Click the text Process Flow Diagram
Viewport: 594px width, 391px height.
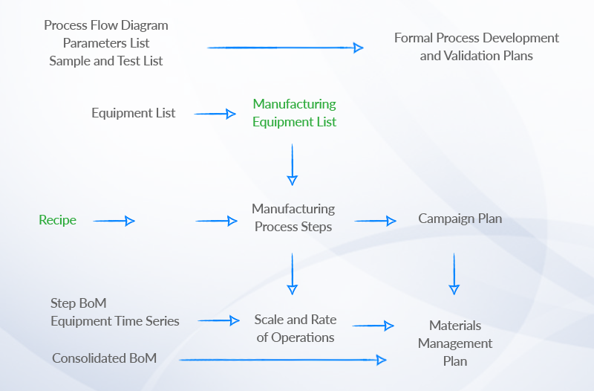[106, 25]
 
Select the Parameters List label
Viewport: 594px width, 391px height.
[106, 43]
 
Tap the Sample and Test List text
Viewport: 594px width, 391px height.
[106, 61]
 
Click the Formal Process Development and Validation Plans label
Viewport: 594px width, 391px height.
[476, 47]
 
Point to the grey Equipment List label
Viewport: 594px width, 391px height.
[134, 113]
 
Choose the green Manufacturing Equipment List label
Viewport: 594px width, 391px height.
[294, 113]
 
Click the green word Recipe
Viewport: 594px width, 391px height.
[57, 220]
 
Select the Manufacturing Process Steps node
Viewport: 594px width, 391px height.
[293, 218]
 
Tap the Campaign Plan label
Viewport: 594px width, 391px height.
[460, 219]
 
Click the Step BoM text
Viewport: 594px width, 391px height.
[78, 303]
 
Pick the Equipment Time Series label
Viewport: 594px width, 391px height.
[115, 321]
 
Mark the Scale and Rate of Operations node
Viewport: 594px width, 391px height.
[295, 329]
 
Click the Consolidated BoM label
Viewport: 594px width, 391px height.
[104, 358]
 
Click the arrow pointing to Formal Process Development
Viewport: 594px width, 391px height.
[285, 48]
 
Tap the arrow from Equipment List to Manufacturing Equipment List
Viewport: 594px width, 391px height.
[215, 114]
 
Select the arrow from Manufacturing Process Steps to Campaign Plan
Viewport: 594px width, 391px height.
[376, 221]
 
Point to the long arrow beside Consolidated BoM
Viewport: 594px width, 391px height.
[283, 360]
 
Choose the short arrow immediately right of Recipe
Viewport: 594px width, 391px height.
[114, 221]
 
